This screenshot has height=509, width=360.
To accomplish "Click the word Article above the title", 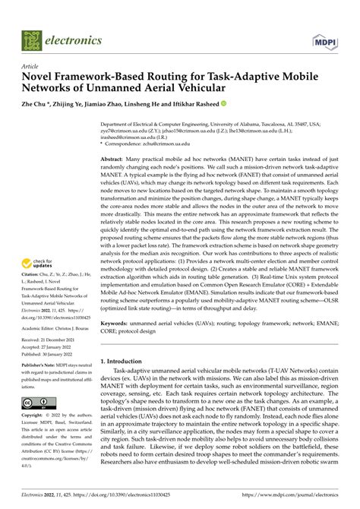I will pos(31,67).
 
